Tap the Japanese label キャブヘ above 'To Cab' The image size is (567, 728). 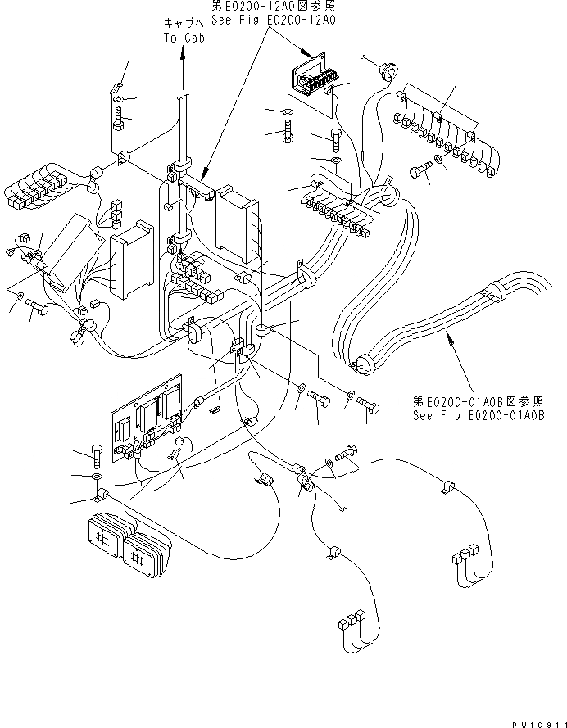[x=182, y=25]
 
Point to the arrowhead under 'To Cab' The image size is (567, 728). [x=182, y=51]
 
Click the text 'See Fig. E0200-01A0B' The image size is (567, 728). [x=479, y=414]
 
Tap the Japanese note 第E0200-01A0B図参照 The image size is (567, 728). [x=479, y=401]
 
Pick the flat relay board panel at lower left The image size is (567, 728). [x=147, y=422]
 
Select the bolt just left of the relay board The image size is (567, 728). [x=96, y=453]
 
